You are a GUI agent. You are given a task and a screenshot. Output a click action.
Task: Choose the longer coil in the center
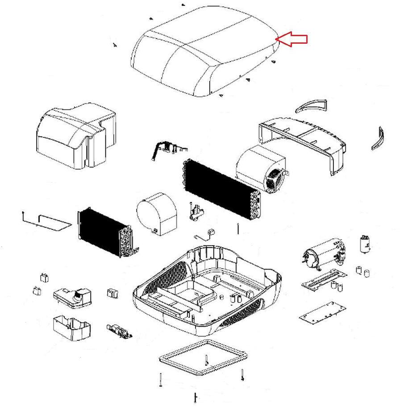pos(221,190)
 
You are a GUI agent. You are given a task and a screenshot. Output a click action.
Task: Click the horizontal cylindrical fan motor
pos(324,254)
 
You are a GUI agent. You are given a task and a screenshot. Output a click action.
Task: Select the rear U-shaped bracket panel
pos(304,138)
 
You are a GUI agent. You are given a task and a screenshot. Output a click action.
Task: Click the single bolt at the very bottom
pos(196,397)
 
